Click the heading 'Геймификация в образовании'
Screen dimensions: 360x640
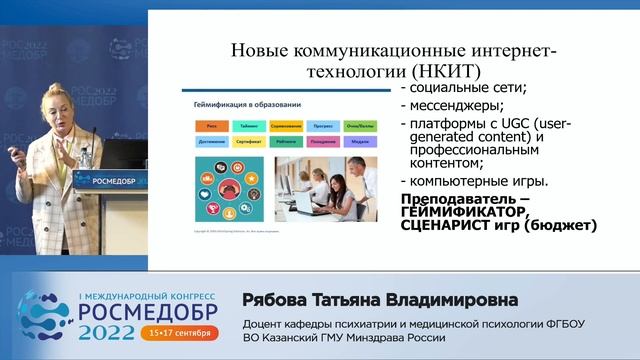241,104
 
